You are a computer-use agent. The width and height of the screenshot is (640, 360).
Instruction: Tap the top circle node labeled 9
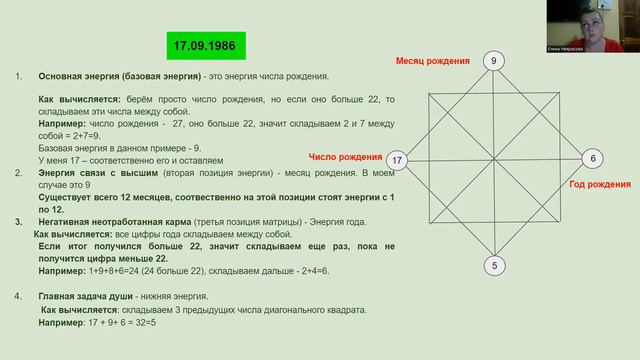tap(492, 61)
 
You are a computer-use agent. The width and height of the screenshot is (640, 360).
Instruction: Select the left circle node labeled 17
tap(397, 160)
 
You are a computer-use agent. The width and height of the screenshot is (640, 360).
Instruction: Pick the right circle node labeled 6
tap(592, 159)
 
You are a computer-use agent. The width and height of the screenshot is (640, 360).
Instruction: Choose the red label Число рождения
tap(346, 158)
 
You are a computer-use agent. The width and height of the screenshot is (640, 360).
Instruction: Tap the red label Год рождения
tap(600, 184)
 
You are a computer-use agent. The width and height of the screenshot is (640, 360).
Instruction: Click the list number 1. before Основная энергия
tap(19, 77)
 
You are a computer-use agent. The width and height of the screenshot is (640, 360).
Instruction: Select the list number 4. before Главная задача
tap(19, 296)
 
